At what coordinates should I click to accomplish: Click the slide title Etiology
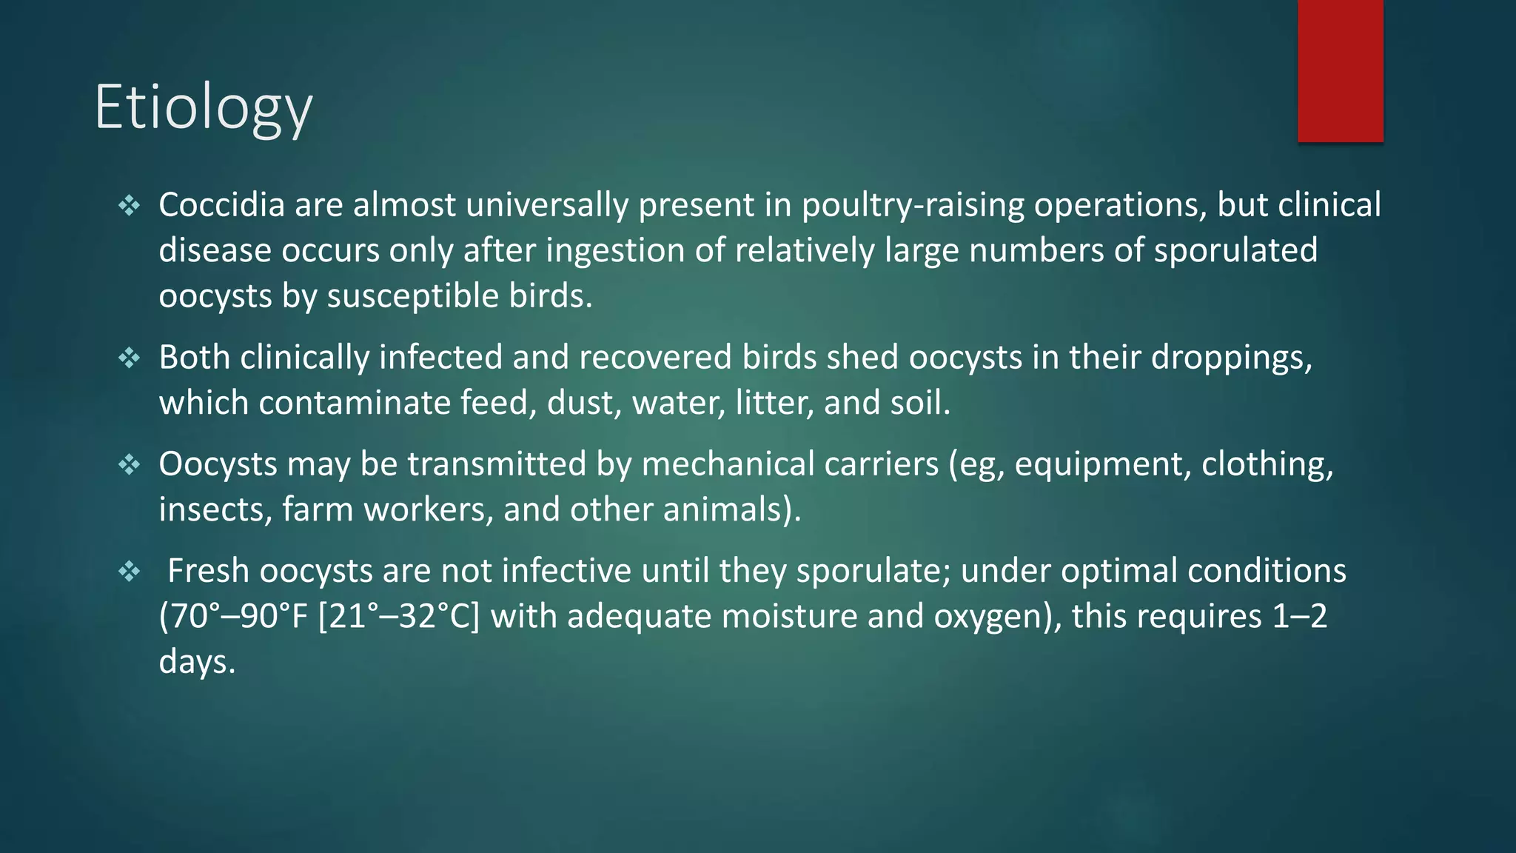(204, 108)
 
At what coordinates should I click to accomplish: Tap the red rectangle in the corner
(1340, 71)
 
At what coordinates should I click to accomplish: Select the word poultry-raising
(913, 205)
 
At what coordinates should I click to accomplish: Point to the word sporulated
(1235, 250)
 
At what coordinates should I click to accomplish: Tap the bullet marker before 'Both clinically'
(129, 358)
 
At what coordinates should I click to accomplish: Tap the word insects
(215, 510)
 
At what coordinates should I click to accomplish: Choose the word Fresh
(209, 571)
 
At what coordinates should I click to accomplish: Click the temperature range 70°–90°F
(233, 617)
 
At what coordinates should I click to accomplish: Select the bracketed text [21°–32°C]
(398, 617)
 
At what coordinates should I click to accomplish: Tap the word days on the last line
(196, 662)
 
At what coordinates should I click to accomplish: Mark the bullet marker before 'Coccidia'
(129, 205)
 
